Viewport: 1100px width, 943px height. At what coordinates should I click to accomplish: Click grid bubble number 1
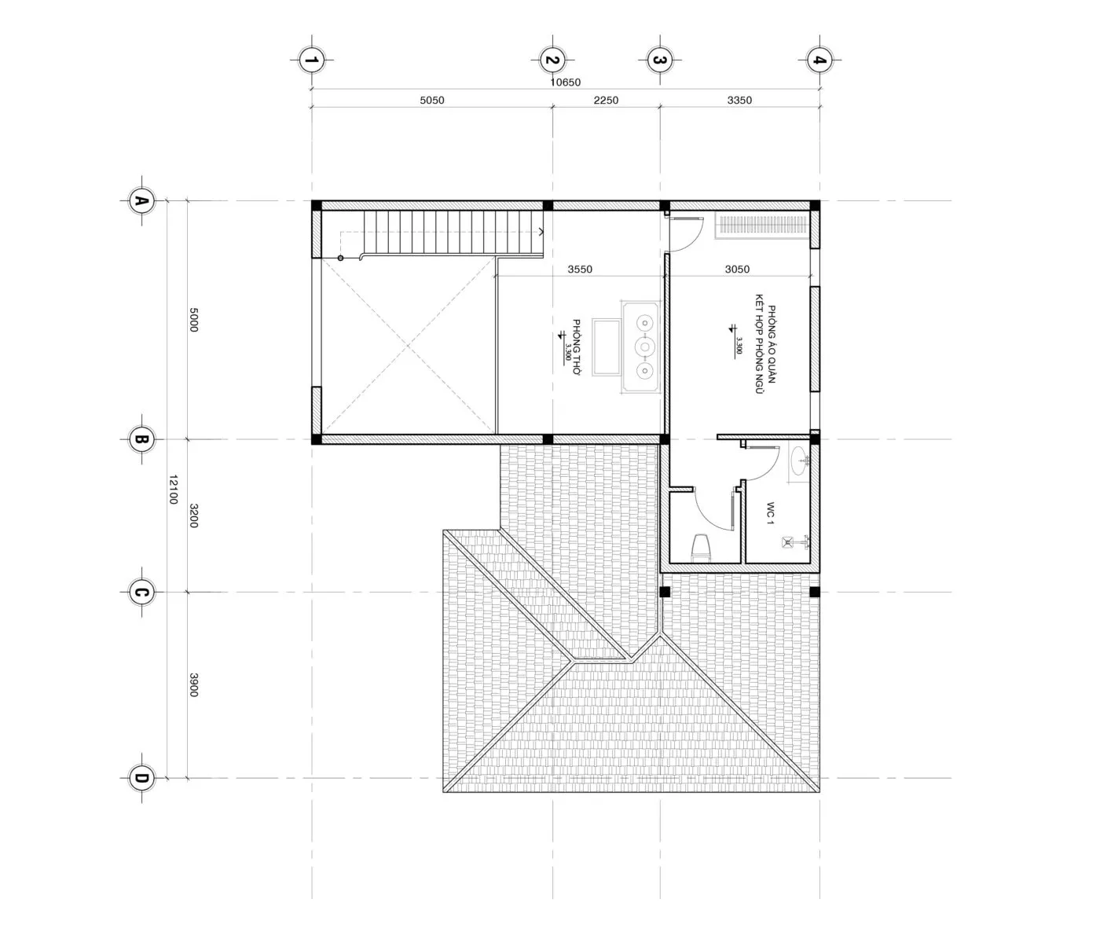[311, 60]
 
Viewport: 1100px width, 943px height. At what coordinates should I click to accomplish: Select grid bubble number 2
[552, 60]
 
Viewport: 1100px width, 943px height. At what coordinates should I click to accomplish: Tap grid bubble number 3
[660, 60]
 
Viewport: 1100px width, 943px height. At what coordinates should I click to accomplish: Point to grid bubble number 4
[819, 60]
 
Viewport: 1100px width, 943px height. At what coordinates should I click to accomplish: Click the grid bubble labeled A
[141, 200]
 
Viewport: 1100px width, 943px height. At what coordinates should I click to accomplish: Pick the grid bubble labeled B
[141, 439]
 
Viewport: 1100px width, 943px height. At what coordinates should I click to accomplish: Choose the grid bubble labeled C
[141, 592]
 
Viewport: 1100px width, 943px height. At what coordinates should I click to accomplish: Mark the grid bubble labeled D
[141, 778]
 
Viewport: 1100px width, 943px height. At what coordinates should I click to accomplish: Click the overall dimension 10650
[565, 83]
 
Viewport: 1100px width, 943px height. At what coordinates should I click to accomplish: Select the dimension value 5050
[431, 100]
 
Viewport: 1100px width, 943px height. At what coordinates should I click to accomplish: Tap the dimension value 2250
[606, 100]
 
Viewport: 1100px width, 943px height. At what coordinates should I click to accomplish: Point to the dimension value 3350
[739, 100]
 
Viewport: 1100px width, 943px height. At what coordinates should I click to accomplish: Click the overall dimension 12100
[174, 490]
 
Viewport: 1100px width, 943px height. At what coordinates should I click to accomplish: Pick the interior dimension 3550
[580, 270]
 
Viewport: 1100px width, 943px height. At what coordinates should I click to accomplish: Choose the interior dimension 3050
[737, 270]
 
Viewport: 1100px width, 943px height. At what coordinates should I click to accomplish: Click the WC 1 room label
[770, 512]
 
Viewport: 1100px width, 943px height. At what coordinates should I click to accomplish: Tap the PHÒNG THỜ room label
[577, 347]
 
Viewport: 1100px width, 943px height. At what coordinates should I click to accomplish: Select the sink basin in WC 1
[799, 461]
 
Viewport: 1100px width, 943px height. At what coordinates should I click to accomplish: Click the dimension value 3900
[194, 685]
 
